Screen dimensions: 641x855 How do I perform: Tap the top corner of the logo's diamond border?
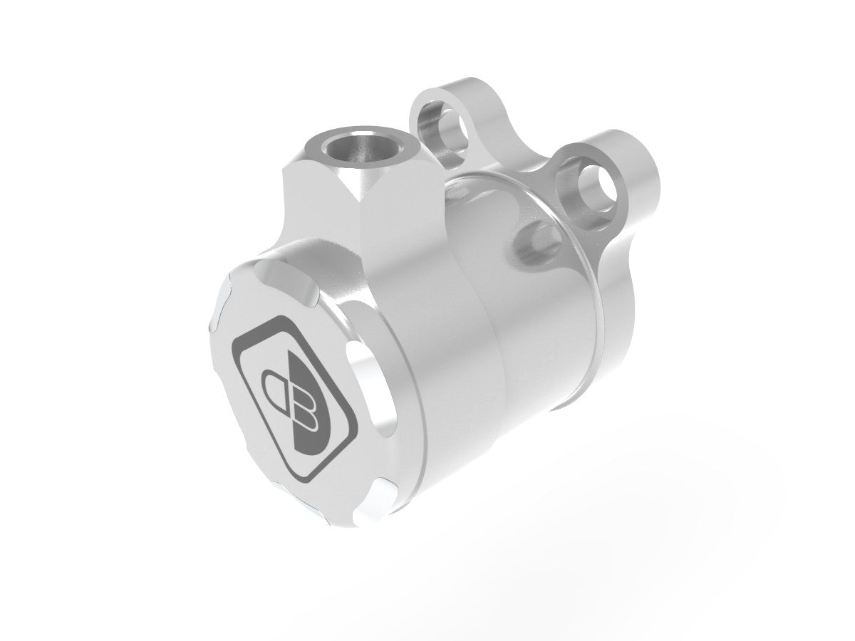click(x=281, y=320)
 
